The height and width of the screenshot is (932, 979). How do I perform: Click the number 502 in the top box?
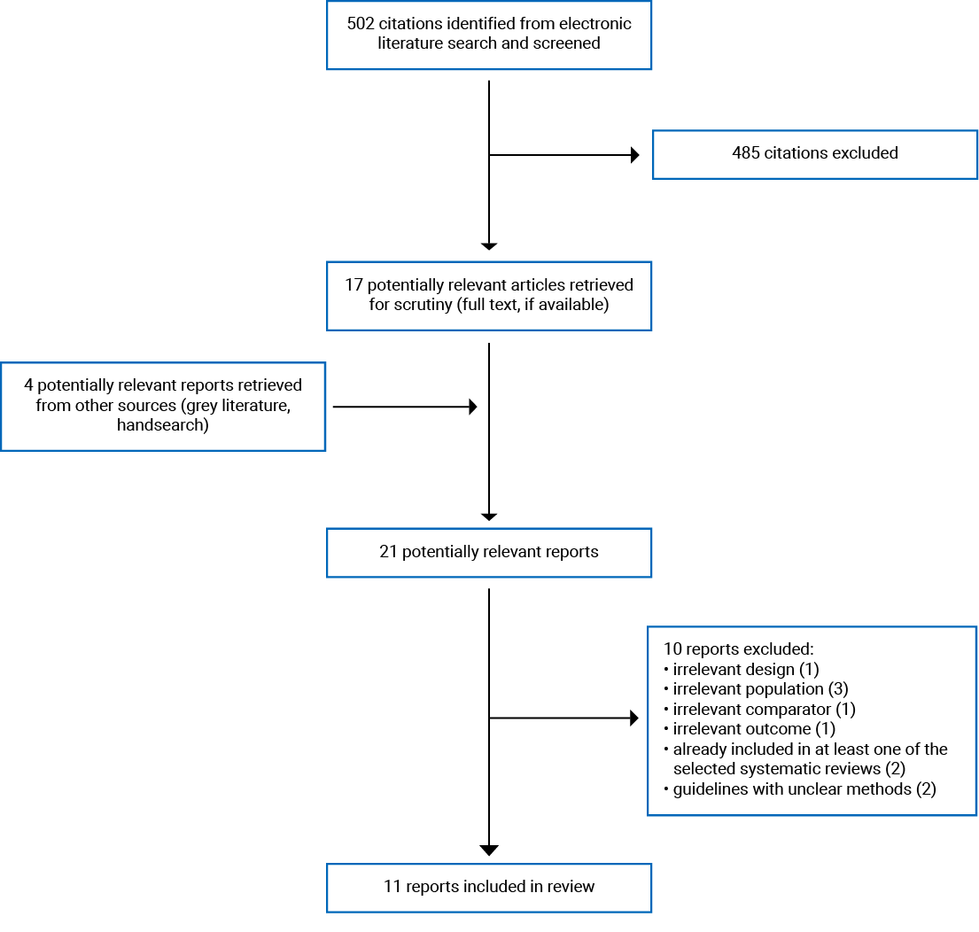pos(360,22)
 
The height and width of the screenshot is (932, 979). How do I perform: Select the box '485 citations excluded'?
pos(814,153)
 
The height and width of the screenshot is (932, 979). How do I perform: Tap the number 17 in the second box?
pos(354,285)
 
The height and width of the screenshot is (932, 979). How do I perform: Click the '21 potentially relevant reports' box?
pos(488,552)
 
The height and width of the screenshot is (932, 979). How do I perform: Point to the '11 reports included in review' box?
pos(488,887)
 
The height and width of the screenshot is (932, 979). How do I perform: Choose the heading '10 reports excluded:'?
pos(732,649)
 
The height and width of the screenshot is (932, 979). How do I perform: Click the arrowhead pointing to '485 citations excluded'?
pos(634,155)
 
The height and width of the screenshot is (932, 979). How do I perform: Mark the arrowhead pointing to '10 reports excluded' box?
pos(634,718)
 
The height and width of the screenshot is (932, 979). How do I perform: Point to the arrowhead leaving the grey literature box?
pos(473,407)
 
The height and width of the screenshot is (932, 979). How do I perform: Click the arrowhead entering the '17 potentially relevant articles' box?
pos(488,246)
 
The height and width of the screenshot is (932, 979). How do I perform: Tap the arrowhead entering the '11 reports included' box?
pos(488,850)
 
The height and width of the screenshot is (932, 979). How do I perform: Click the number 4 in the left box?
pos(29,385)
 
